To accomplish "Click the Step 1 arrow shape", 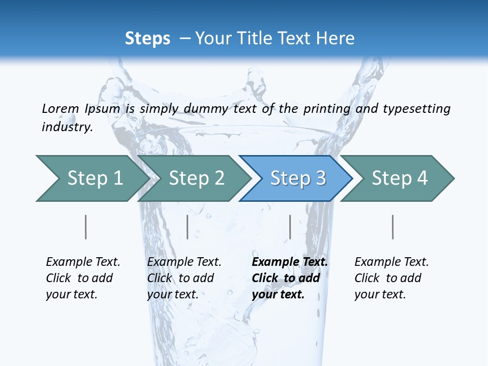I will tap(91, 178).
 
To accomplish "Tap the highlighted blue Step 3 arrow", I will tap(296, 178).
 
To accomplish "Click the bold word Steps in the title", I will tap(147, 39).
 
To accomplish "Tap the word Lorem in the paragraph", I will tap(60, 108).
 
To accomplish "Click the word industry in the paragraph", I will tap(67, 127).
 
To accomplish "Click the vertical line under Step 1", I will tap(86, 227).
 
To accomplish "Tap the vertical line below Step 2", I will tap(188, 227).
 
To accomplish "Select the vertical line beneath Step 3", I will tap(290, 227).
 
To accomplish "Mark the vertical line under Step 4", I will tap(393, 227).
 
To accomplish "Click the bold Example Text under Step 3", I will tap(290, 262).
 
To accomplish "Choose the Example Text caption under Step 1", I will tap(83, 262).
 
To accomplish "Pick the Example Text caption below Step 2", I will tap(184, 262).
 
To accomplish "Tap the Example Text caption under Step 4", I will tap(391, 262).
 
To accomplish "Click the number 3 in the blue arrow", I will tap(320, 178).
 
